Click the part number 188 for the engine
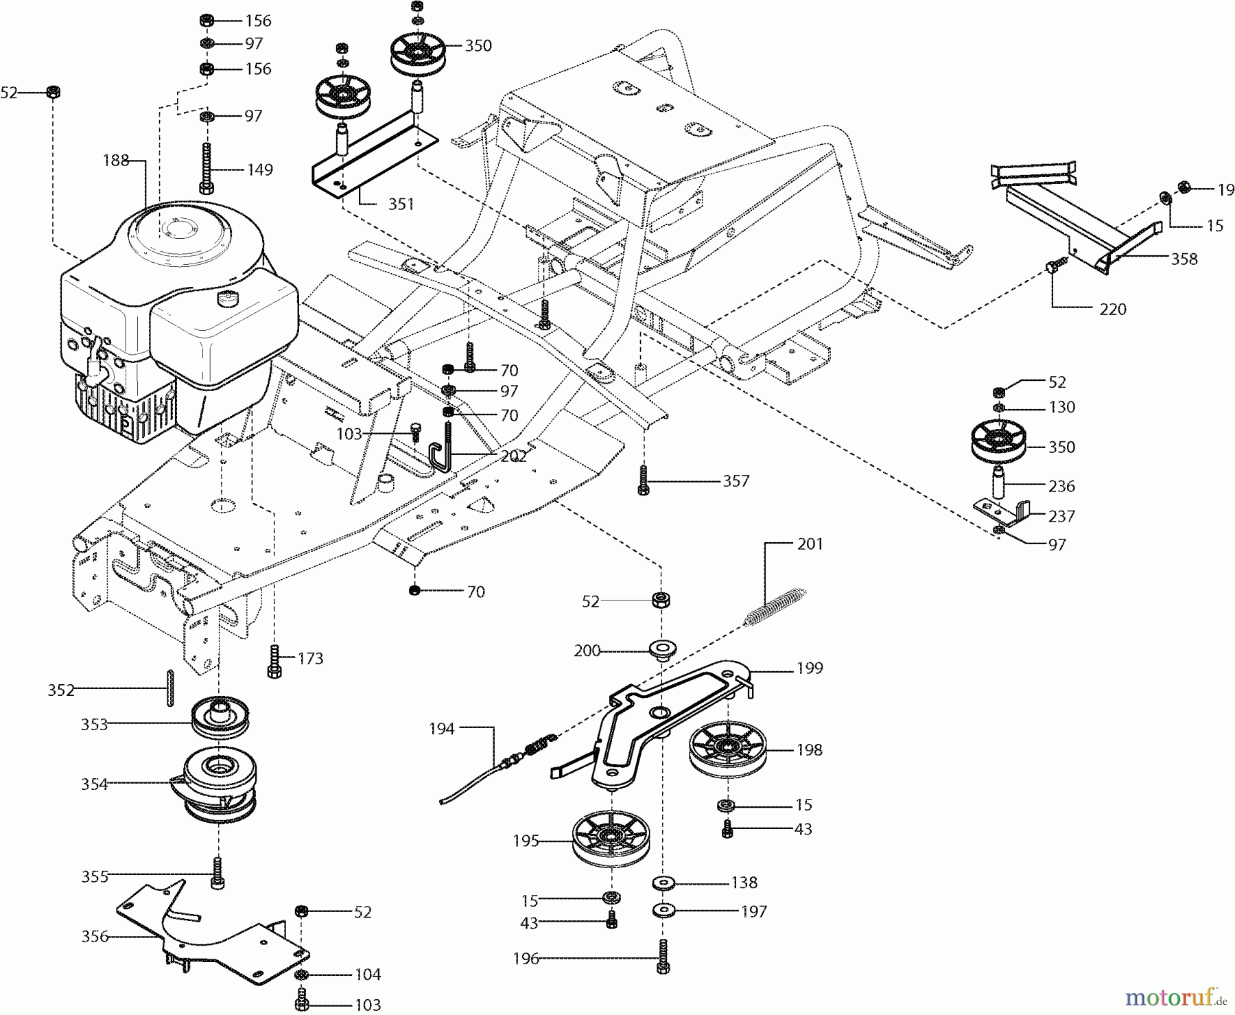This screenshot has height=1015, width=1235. click(x=116, y=161)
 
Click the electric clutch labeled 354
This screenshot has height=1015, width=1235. click(x=217, y=784)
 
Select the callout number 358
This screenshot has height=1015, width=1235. click(x=1184, y=259)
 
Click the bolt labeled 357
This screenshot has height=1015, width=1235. click(x=643, y=480)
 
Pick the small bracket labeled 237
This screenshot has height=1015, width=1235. click(x=1002, y=511)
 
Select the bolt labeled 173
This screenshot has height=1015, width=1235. click(x=275, y=660)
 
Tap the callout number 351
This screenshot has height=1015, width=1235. click(x=401, y=205)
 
